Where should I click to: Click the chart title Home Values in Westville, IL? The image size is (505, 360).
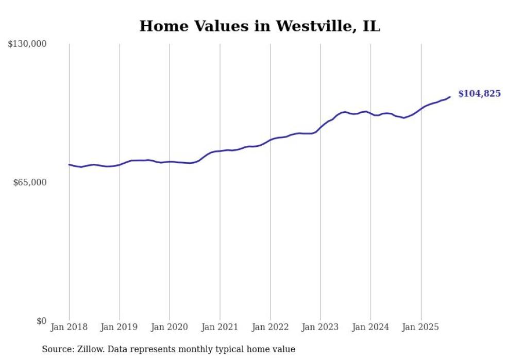(x=260, y=26)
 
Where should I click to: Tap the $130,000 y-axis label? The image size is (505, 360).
(x=27, y=44)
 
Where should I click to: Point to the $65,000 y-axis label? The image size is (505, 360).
(x=30, y=182)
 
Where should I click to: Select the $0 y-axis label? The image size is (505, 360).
(x=41, y=321)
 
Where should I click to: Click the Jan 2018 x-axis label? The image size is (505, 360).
(x=69, y=327)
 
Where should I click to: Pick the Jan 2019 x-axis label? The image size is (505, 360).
(x=120, y=327)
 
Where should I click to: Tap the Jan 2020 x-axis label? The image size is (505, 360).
(x=170, y=327)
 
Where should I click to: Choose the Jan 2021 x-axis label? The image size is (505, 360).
(x=220, y=327)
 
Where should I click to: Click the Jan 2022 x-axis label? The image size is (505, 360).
(x=270, y=327)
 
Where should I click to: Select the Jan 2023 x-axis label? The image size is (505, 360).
(x=321, y=327)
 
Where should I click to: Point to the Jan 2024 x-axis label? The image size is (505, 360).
(x=371, y=327)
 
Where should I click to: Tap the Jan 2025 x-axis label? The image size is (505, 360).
(x=421, y=327)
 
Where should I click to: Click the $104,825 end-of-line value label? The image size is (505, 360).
(x=479, y=94)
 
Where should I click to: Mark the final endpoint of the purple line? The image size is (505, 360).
(x=450, y=97)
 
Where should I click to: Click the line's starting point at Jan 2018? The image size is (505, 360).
(x=69, y=164)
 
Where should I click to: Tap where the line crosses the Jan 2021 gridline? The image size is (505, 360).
(x=220, y=151)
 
